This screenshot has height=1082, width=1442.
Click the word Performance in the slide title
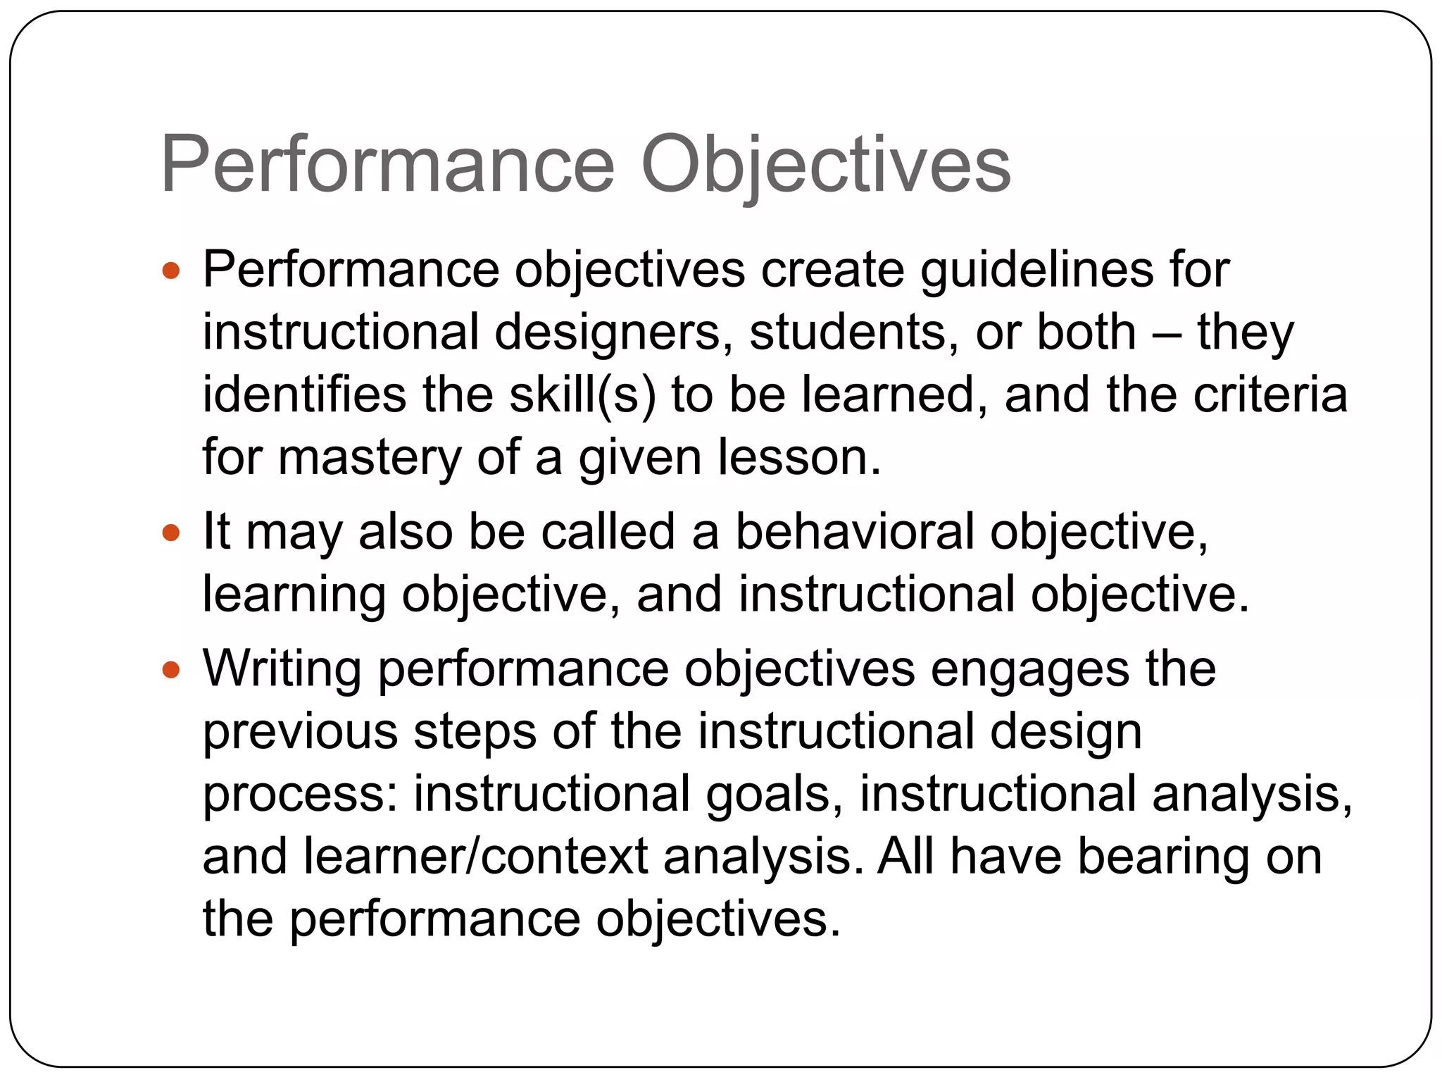click(388, 165)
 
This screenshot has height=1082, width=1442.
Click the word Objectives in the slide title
click(825, 165)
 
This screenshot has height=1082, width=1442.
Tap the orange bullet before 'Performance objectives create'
click(171, 270)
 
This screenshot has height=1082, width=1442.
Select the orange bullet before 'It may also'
click(171, 532)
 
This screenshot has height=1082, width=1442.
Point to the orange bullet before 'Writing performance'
click(171, 669)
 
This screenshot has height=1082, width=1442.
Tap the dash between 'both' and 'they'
click(1167, 333)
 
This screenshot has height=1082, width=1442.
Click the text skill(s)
click(582, 394)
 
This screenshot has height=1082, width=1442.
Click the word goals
click(775, 794)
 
